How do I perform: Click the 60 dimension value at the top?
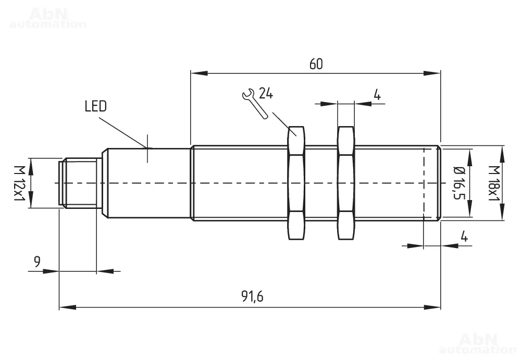click(x=316, y=64)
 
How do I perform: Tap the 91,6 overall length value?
click(x=252, y=296)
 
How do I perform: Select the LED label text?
click(x=96, y=106)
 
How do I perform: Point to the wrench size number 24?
click(x=266, y=93)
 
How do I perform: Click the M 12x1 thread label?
click(x=20, y=183)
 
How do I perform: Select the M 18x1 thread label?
click(x=494, y=183)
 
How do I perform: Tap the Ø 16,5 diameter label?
click(x=460, y=183)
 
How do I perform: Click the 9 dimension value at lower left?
click(x=37, y=262)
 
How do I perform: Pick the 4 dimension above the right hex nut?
click(x=377, y=95)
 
